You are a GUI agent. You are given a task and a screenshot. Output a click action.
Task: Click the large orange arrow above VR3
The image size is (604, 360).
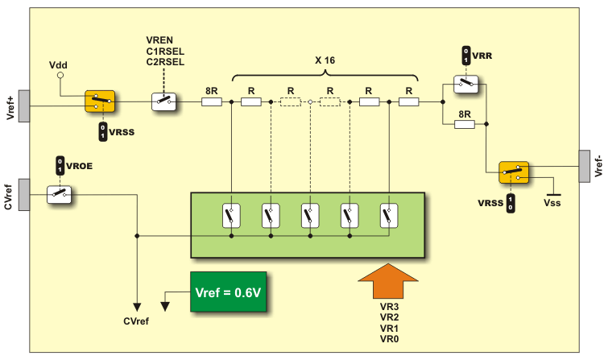(x=387, y=282)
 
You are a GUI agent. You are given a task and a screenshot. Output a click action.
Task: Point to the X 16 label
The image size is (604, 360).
(x=325, y=60)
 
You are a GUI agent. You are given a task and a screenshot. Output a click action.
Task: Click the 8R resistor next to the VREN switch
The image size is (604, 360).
(x=212, y=102)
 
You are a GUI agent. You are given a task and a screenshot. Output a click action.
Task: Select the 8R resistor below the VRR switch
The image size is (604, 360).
(x=465, y=124)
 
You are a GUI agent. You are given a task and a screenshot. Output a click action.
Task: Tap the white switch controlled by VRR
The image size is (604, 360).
(x=465, y=83)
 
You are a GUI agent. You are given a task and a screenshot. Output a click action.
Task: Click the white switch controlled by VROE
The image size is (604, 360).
(x=60, y=193)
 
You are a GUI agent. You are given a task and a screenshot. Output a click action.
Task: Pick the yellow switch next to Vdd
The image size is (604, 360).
(x=101, y=101)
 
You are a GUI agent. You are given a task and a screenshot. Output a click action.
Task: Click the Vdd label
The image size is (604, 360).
(x=59, y=63)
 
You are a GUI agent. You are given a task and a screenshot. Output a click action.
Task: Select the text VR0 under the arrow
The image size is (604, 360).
(x=389, y=340)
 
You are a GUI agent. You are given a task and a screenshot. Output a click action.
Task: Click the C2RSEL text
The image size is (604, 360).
(x=165, y=61)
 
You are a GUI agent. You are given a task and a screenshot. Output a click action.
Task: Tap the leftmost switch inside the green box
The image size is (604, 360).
(x=231, y=216)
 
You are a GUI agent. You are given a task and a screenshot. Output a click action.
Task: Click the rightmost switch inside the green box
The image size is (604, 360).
(x=389, y=216)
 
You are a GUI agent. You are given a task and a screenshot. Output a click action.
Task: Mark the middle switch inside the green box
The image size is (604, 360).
(x=310, y=216)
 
